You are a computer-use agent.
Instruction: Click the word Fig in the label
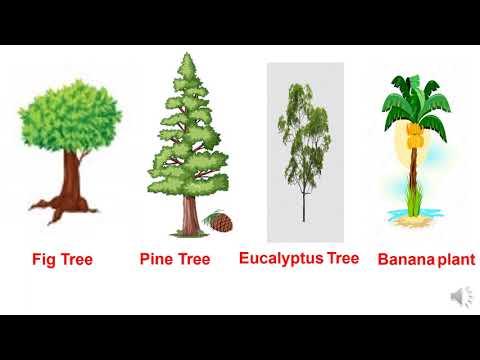click(x=43, y=260)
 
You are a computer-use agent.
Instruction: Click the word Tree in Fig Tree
click(x=77, y=259)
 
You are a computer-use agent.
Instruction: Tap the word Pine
click(x=155, y=259)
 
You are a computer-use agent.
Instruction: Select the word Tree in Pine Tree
click(x=194, y=259)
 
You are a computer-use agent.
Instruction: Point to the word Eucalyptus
click(x=281, y=259)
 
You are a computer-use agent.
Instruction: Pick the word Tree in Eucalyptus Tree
click(x=343, y=258)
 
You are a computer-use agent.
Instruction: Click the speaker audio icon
click(x=462, y=297)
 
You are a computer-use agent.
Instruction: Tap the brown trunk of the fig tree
click(x=72, y=177)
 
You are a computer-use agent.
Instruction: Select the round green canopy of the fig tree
click(x=70, y=116)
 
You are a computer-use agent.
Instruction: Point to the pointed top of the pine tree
click(x=188, y=54)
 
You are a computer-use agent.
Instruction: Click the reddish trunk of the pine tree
click(x=191, y=215)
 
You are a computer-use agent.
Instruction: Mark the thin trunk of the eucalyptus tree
click(x=304, y=203)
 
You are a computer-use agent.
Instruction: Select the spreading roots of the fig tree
click(x=63, y=208)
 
